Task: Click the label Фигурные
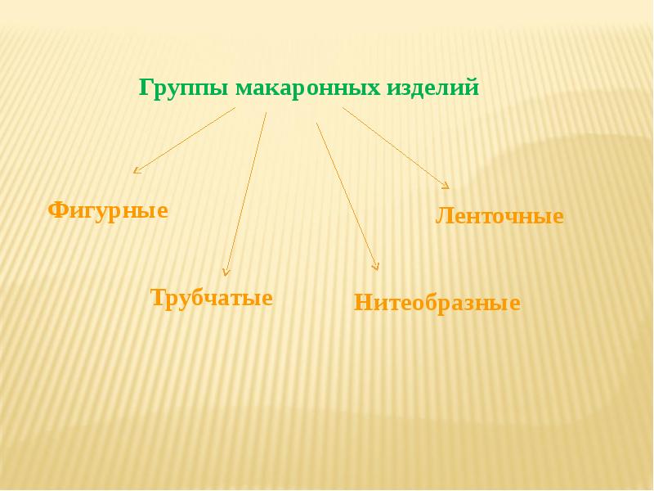click(x=108, y=210)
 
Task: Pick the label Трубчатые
click(x=212, y=297)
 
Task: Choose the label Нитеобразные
click(x=437, y=304)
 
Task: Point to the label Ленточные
click(x=499, y=217)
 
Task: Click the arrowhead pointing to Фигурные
click(x=137, y=170)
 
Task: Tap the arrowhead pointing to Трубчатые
click(x=226, y=271)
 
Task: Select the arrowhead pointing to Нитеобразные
click(x=376, y=265)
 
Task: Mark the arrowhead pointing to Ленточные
click(x=446, y=185)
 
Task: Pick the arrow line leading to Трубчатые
click(x=246, y=192)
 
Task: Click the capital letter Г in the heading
click(x=145, y=87)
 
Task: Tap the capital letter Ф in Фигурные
click(x=57, y=210)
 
